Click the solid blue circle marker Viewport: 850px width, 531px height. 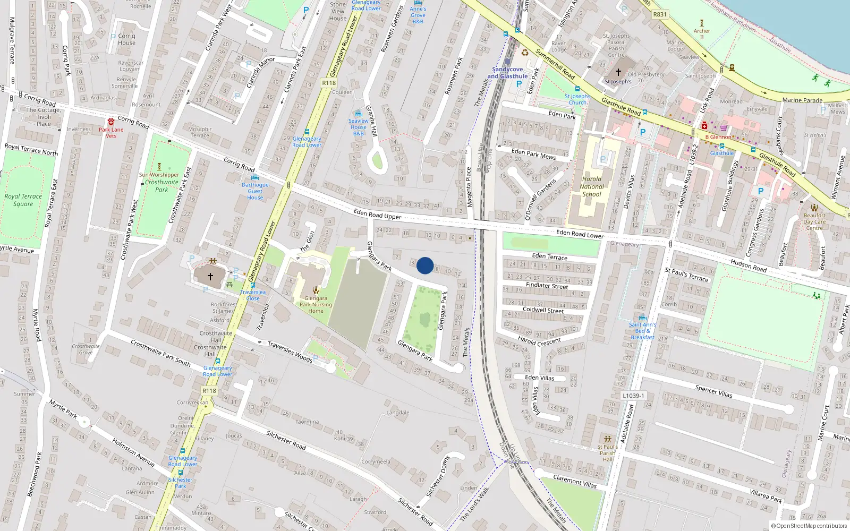(x=425, y=265)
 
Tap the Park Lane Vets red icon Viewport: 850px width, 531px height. (x=110, y=122)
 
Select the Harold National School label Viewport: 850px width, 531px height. (x=591, y=186)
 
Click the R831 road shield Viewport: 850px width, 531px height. (x=660, y=14)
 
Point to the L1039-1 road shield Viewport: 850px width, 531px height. (x=633, y=396)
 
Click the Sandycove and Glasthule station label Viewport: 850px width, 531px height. (x=507, y=73)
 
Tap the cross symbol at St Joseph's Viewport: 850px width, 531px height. (x=618, y=72)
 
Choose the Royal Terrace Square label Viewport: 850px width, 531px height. (x=23, y=200)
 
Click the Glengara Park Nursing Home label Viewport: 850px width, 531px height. (x=316, y=304)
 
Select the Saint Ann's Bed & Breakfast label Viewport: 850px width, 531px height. (x=642, y=331)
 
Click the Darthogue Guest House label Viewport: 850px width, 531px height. (x=255, y=191)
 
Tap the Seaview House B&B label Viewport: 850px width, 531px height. (x=359, y=127)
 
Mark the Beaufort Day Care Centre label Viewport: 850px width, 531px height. (x=814, y=221)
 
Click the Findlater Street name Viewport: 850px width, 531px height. (x=547, y=286)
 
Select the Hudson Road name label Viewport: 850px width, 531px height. (x=749, y=265)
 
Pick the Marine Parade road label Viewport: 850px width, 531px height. (x=802, y=100)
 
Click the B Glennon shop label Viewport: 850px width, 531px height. (x=718, y=137)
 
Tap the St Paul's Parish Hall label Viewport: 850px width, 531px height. (x=607, y=453)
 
